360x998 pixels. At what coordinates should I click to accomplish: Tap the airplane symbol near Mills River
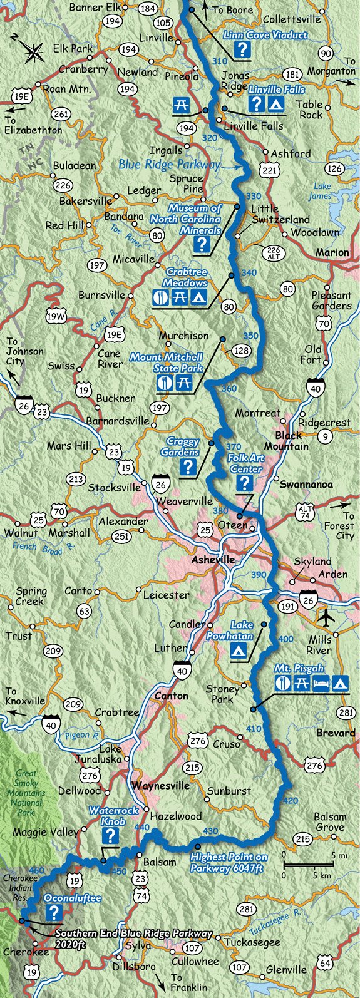327,617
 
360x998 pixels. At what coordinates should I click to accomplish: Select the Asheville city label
213,560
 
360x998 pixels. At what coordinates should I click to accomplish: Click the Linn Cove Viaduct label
265,36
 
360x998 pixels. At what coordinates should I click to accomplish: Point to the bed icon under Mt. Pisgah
321,683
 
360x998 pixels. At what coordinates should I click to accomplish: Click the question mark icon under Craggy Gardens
188,466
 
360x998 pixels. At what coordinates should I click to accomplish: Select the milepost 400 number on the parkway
285,639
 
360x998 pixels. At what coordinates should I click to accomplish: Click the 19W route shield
56,316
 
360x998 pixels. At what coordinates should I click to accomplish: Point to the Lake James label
321,191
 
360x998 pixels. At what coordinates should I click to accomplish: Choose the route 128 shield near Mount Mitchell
241,351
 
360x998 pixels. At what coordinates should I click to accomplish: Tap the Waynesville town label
160,786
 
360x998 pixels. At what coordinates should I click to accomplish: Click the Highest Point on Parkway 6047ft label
229,862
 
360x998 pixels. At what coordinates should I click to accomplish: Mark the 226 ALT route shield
274,252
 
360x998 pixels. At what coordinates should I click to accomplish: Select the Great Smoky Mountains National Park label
26,793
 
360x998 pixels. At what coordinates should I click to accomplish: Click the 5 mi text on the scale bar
337,855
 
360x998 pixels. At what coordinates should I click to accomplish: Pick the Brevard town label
336,733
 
